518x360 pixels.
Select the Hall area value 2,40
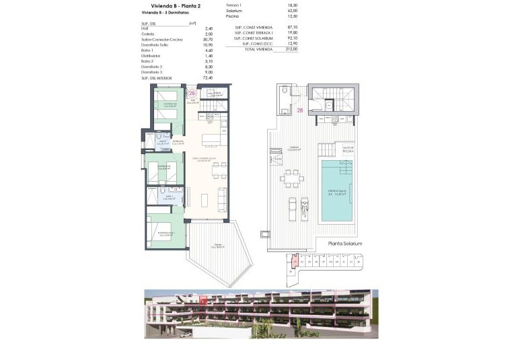[x=190, y=28]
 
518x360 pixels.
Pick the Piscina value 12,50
[x=272, y=17]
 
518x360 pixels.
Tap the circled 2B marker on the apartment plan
[x=192, y=94]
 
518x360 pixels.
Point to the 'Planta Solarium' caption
[x=345, y=244]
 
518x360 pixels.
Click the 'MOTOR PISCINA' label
[x=348, y=150]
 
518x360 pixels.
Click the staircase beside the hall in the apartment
[x=216, y=104]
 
